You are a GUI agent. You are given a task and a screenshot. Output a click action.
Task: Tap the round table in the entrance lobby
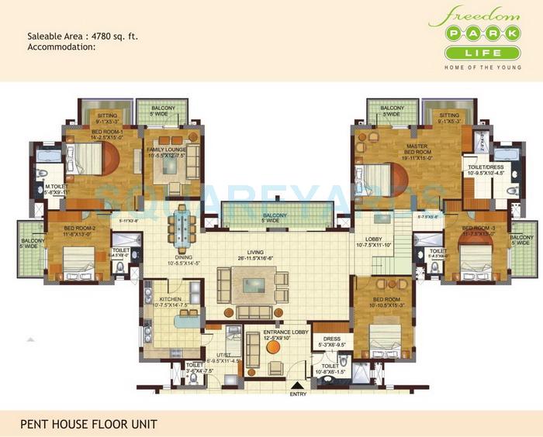click(x=273, y=347)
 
